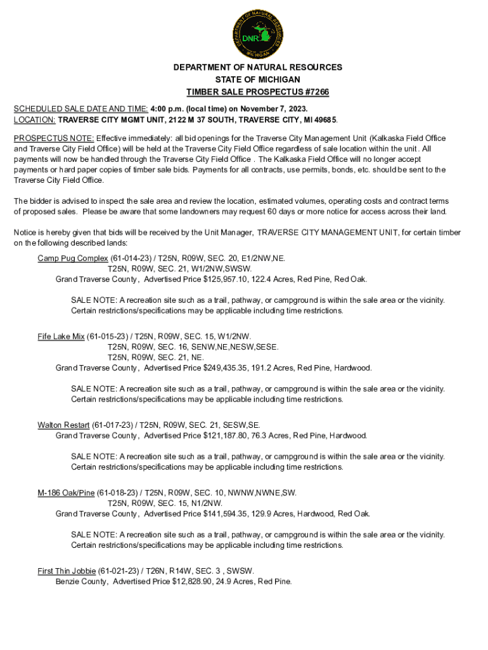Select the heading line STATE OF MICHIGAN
click(x=257, y=79)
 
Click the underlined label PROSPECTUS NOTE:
click(x=54, y=138)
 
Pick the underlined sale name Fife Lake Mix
click(x=61, y=336)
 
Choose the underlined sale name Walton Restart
click(x=63, y=425)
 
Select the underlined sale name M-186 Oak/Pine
click(x=66, y=493)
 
